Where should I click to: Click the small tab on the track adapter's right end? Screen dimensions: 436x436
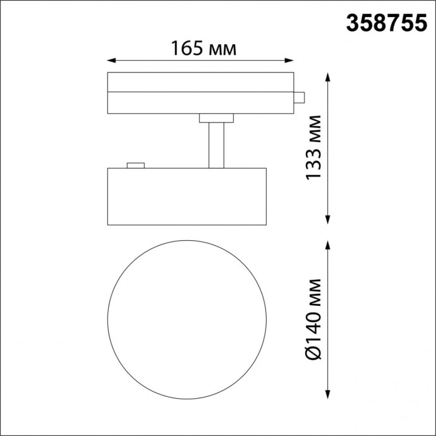pos(300,97)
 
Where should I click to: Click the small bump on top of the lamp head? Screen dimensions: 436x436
pos(135,166)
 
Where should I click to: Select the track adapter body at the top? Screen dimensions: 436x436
pos(201,93)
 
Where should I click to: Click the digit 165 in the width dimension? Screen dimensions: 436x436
pos(188,48)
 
